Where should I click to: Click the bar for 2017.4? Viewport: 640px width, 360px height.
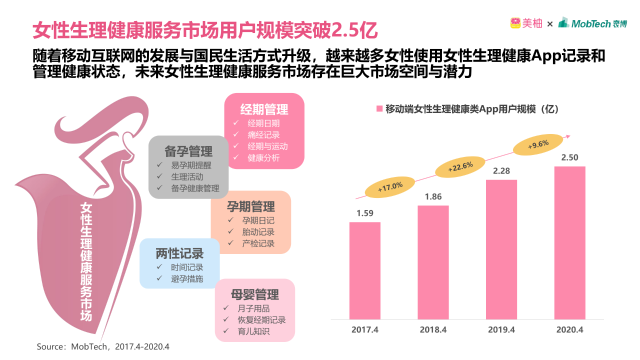[x=364, y=270]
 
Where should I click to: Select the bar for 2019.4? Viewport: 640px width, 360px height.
[x=501, y=249]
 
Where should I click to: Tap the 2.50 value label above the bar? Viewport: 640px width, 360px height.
[x=569, y=157]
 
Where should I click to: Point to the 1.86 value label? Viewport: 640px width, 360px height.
[x=433, y=196]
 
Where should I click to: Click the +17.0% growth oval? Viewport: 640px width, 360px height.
[x=390, y=186]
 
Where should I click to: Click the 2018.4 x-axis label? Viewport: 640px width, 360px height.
[x=433, y=329]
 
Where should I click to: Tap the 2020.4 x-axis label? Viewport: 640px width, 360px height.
[x=569, y=329]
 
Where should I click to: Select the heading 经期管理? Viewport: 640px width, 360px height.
[x=264, y=109]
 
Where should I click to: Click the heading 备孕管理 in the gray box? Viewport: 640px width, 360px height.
[x=188, y=151]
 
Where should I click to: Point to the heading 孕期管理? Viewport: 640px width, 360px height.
[x=251, y=206]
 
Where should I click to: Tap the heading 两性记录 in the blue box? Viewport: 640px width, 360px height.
[x=179, y=253]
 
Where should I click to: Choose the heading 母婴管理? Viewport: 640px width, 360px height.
[x=255, y=294]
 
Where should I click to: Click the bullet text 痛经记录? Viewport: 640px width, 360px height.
[x=263, y=134]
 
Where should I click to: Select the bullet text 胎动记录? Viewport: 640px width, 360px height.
[x=258, y=232]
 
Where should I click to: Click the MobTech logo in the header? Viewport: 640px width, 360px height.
[x=592, y=23]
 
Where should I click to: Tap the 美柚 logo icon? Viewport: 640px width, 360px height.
[x=515, y=23]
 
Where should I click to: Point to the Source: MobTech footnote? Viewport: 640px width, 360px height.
[x=103, y=346]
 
